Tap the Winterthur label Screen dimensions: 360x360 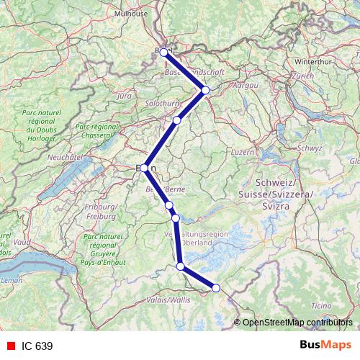[x=312, y=62]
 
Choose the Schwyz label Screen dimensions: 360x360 [x=308, y=148]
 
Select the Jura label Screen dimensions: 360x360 [x=124, y=95]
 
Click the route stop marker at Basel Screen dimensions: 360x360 [x=163, y=52]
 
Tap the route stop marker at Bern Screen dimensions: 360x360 [x=144, y=168]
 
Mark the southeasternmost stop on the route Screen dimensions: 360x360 [x=215, y=289]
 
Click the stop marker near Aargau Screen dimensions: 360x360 [x=205, y=90]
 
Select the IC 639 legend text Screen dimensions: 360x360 [x=37, y=346]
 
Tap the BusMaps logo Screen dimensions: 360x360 [x=325, y=346]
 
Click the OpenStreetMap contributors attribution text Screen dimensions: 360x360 [x=297, y=323]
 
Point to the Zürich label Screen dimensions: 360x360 [x=303, y=76]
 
